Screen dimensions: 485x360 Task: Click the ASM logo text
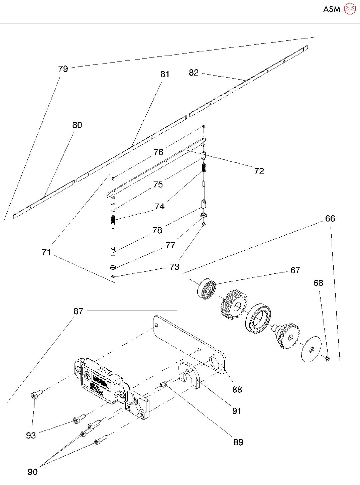tap(332, 9)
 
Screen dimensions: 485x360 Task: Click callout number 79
tap(63, 69)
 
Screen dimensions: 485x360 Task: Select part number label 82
tap(194, 73)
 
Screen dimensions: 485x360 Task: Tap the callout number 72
tap(259, 171)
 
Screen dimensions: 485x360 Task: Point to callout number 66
tap(330, 219)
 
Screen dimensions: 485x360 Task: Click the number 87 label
tap(78, 311)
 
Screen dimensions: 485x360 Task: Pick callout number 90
tap(32, 472)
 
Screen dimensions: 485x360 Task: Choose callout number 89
tap(238, 442)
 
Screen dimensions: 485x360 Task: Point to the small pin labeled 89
tap(163, 385)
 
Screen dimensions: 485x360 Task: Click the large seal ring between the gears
tap(258, 318)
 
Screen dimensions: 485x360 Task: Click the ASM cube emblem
tap(350, 9)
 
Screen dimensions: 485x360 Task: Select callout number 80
tap(77, 125)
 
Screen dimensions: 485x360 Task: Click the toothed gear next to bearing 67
tap(233, 305)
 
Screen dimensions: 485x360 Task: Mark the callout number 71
tap(46, 252)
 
